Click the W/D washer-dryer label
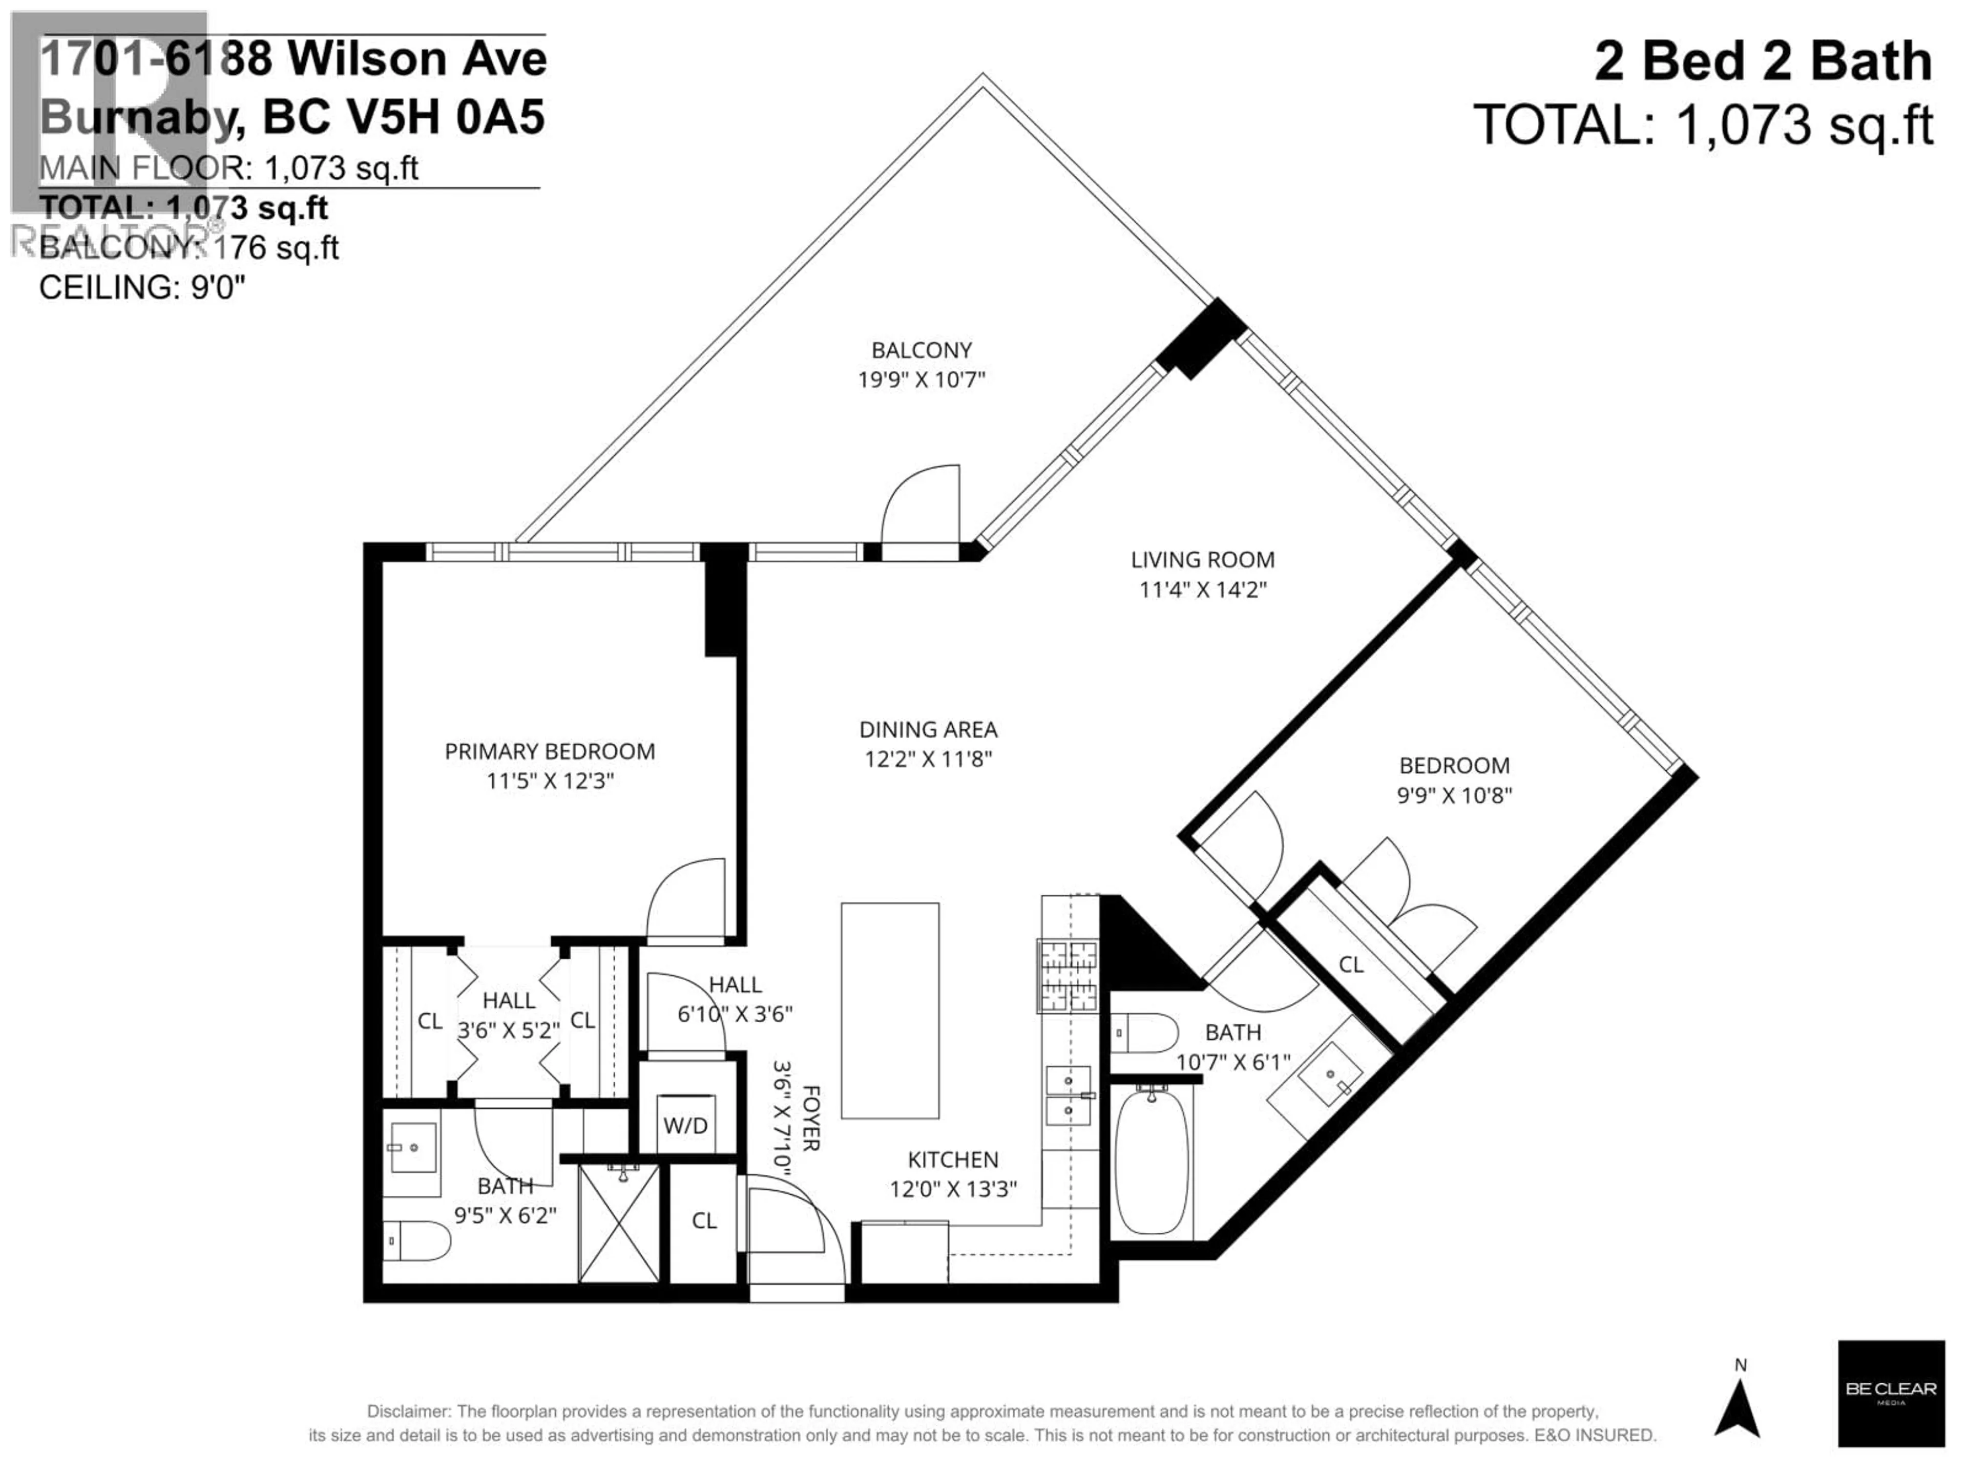pyautogui.click(x=685, y=1126)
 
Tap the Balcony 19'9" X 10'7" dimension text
pyautogui.click(x=921, y=380)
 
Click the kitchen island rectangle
pyautogui.click(x=889, y=1011)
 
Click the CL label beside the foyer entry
pyautogui.click(x=703, y=1221)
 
